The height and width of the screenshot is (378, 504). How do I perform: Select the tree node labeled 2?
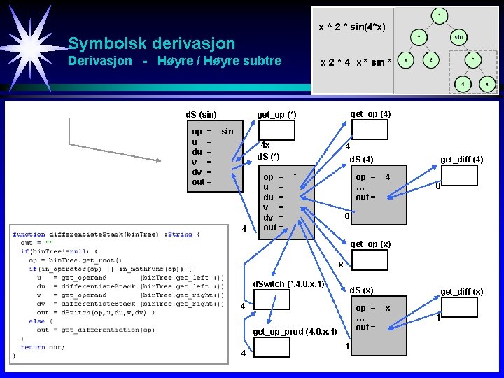pos(432,60)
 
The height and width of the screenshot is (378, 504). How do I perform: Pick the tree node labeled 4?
pos(463,83)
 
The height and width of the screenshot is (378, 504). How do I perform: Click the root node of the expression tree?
pos(439,13)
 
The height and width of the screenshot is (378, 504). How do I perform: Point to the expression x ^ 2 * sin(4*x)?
pos(352,27)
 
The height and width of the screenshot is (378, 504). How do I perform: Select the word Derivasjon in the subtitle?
pos(99,61)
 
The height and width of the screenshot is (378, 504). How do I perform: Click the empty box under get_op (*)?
pos(276,130)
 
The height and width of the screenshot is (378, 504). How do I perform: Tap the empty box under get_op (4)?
pos(370,130)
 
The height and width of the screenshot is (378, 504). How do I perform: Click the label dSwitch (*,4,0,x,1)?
pos(288,284)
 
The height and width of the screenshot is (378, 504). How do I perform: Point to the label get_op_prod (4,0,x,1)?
pos(295,331)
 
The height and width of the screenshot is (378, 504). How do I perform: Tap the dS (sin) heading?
pos(201,114)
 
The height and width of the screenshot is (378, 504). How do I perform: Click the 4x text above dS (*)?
pos(265,145)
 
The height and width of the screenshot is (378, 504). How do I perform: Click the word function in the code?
pos(29,234)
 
